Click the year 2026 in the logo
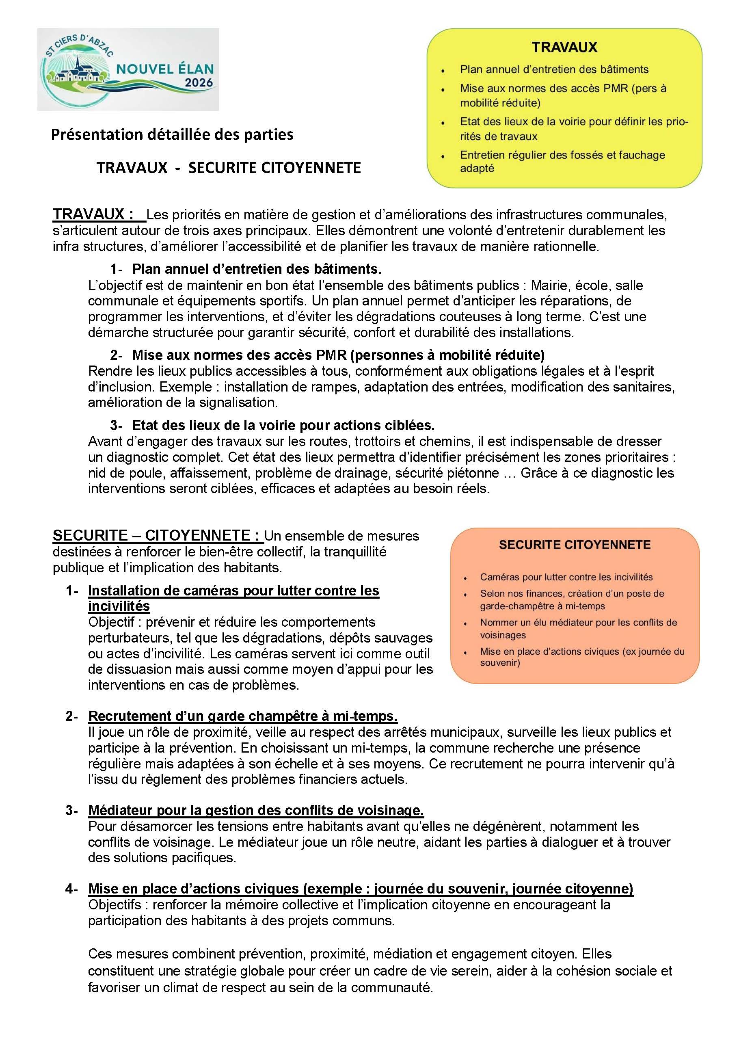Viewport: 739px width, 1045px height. [x=199, y=83]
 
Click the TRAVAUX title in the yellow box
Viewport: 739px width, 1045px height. [x=564, y=48]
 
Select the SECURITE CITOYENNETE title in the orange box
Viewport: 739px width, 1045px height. [x=575, y=545]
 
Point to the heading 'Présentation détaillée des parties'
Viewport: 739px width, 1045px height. [x=172, y=135]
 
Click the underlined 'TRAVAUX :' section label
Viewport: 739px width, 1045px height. [x=93, y=214]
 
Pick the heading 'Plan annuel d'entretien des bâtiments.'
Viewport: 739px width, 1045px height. [x=257, y=269]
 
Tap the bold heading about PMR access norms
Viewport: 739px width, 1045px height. [x=338, y=355]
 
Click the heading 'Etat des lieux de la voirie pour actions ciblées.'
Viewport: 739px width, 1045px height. [x=283, y=425]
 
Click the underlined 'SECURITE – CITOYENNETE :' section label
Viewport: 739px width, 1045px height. [x=158, y=536]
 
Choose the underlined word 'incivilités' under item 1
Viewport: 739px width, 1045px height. [x=119, y=606]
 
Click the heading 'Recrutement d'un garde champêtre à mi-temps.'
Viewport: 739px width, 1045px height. [x=242, y=716]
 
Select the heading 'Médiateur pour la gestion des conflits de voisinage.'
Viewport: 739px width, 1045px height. [x=256, y=810]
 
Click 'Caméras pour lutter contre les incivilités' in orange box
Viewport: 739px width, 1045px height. [x=566, y=577]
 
